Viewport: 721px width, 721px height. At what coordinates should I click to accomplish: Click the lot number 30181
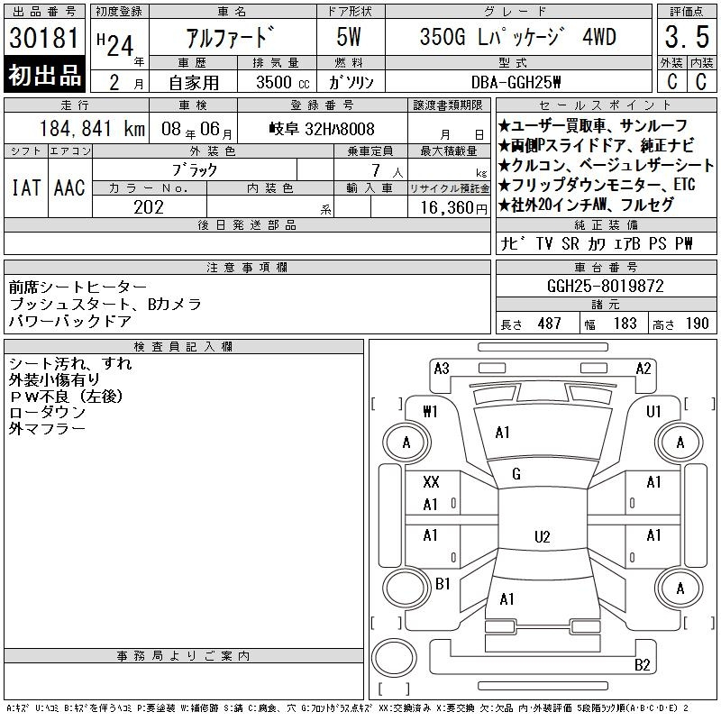click(44, 39)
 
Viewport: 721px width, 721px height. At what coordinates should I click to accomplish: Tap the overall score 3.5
click(684, 39)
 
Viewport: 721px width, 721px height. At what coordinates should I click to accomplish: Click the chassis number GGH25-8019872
click(606, 286)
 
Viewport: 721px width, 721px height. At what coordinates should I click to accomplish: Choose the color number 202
click(149, 206)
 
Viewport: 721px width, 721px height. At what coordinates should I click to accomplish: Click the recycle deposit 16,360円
click(449, 206)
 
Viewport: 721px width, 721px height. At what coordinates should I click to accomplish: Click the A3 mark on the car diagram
click(442, 368)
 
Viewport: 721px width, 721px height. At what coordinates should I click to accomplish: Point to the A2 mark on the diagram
click(643, 368)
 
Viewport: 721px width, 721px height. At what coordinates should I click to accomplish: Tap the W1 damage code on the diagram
click(431, 412)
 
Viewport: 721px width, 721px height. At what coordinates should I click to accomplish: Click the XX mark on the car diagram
click(431, 483)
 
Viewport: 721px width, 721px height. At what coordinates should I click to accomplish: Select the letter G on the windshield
click(516, 474)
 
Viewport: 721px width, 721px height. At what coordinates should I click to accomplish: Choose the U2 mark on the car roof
click(542, 537)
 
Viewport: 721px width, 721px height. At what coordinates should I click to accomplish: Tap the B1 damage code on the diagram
click(443, 584)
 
